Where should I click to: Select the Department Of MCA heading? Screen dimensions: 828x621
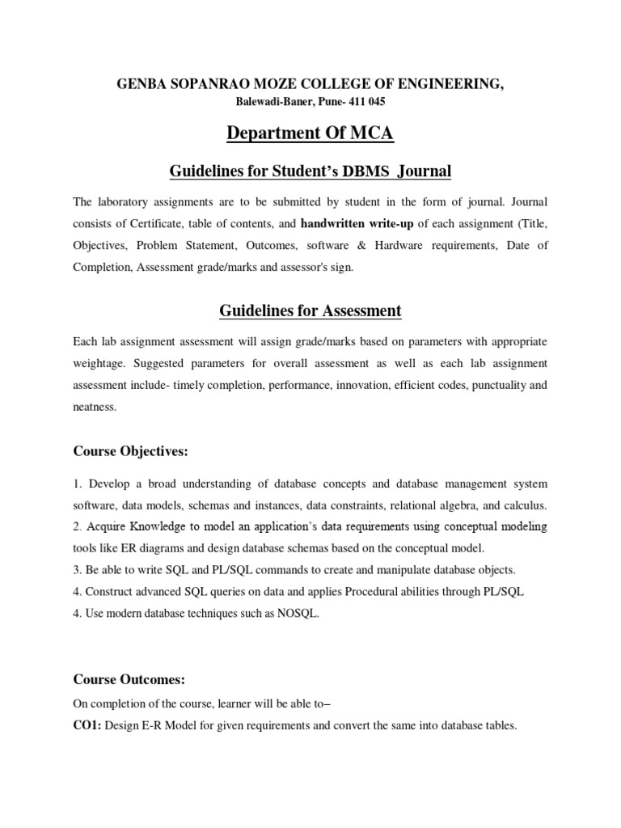pyautogui.click(x=310, y=133)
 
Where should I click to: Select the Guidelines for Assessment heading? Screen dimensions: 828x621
pyautogui.click(x=310, y=310)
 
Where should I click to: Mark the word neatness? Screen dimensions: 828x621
pyautogui.click(x=95, y=408)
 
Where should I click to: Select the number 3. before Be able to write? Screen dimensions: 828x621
pyautogui.click(x=78, y=570)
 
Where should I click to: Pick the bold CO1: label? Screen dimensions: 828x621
pyautogui.click(x=88, y=726)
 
